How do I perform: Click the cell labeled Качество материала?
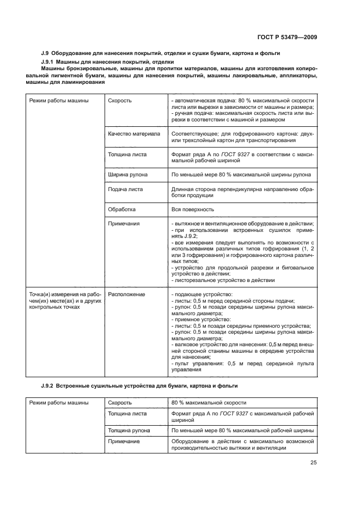(x=134, y=133)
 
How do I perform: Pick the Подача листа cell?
(x=126, y=189)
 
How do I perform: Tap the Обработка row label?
(x=122, y=209)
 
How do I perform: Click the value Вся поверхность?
(x=192, y=209)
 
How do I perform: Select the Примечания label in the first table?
(x=124, y=223)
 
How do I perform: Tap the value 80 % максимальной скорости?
(x=209, y=403)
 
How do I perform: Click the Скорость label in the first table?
(x=120, y=101)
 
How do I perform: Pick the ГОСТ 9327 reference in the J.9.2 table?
(x=233, y=414)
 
